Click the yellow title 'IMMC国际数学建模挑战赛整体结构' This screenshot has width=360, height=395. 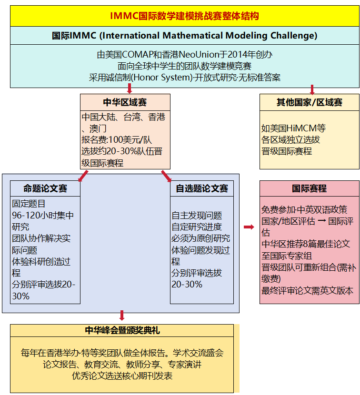(x=184, y=16)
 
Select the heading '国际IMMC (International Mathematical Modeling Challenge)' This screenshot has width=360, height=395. (x=184, y=36)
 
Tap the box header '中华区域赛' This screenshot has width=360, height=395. (x=125, y=102)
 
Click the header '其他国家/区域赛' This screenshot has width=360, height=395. (x=310, y=102)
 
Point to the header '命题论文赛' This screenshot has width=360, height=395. (x=45, y=188)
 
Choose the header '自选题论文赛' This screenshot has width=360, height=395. (x=202, y=188)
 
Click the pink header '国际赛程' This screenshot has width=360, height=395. (x=310, y=188)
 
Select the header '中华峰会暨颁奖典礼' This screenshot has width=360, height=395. (x=122, y=330)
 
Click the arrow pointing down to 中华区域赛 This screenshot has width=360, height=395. (x=129, y=89)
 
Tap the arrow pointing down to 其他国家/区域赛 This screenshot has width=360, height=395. (x=312, y=89)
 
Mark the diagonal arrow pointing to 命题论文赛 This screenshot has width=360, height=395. (x=83, y=176)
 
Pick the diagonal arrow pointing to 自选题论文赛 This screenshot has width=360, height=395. (x=166, y=176)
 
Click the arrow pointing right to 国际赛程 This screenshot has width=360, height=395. (x=249, y=227)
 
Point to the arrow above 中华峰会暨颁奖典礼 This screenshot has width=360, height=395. (x=122, y=315)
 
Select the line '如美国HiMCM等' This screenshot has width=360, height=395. (x=293, y=128)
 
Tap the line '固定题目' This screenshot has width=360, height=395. (x=29, y=204)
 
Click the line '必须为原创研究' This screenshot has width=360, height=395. (x=200, y=238)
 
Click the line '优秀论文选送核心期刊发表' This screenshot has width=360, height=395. (x=122, y=376)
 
